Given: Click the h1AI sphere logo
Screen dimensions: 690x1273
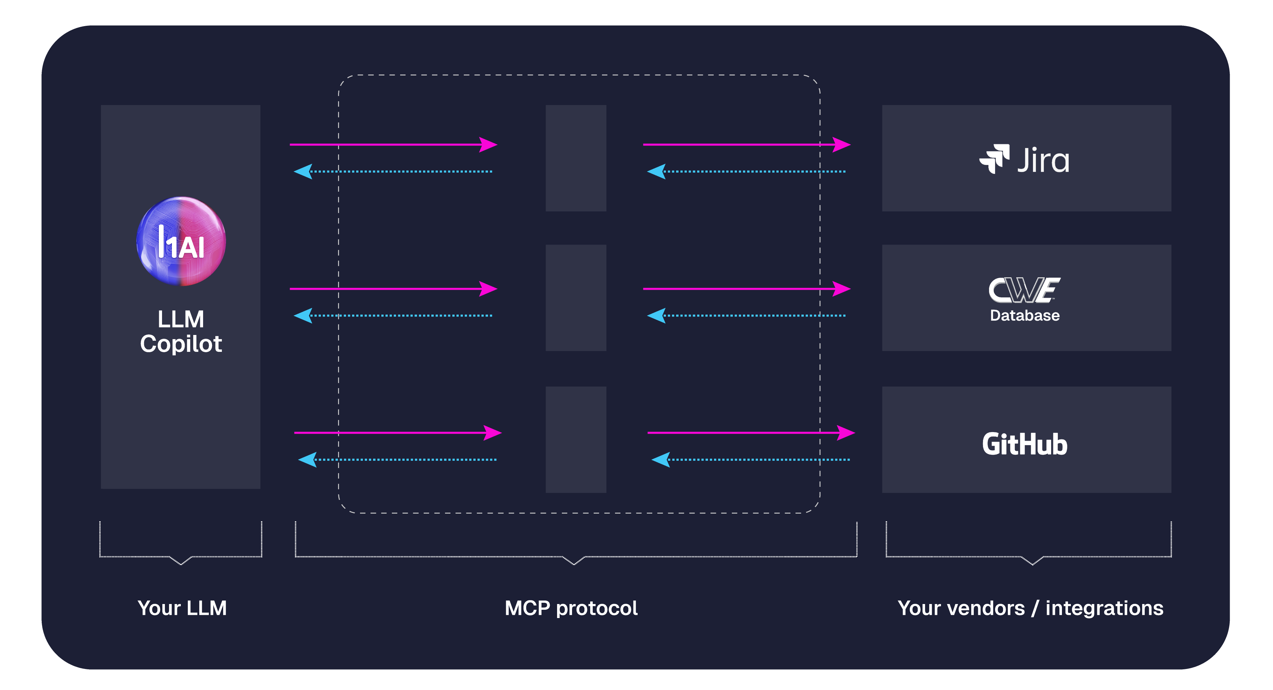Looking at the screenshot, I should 181,241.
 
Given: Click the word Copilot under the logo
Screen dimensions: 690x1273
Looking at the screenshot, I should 181,344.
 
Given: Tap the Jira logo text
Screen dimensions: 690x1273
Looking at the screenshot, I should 1043,160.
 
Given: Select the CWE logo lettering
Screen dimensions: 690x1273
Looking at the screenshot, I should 1024,290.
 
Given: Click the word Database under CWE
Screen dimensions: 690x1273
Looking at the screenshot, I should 1024,315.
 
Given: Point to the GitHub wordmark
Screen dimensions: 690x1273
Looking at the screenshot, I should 1024,444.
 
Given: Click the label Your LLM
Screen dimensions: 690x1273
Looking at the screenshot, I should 182,608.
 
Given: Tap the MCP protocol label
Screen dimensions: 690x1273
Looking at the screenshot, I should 571,608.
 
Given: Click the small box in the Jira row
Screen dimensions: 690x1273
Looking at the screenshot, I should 576,158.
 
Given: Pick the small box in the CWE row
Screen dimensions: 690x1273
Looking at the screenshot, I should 576,297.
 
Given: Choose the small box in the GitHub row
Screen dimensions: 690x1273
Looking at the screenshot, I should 576,439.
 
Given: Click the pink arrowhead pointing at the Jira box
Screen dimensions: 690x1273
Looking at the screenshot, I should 842,145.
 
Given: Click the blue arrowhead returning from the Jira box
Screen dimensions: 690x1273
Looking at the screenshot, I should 656,172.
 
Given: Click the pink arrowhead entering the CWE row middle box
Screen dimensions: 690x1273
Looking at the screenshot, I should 488,289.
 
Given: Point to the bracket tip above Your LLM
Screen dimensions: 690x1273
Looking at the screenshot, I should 181,564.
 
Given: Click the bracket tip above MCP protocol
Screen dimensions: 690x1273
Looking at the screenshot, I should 574,564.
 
